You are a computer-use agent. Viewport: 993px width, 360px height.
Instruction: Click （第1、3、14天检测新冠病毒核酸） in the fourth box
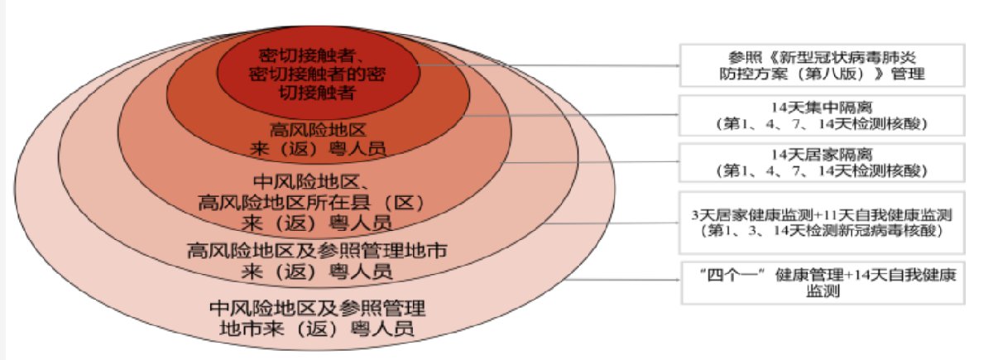point(818,230)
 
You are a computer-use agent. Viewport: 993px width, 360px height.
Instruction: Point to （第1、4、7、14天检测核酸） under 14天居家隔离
point(818,171)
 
